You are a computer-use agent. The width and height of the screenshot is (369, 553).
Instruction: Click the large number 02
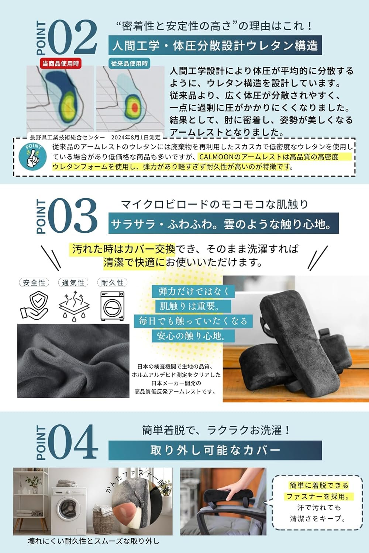click(72, 38)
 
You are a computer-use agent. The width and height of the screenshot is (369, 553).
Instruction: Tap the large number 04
click(72, 442)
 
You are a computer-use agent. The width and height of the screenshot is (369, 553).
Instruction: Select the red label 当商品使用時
click(61, 63)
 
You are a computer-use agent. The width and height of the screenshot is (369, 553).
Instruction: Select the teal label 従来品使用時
click(129, 63)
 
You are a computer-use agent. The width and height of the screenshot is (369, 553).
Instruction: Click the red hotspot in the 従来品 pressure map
click(135, 107)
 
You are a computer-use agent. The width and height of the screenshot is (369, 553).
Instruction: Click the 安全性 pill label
click(34, 283)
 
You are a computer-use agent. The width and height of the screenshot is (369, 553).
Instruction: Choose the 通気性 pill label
click(73, 283)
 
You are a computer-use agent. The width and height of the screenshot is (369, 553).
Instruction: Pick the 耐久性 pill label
click(112, 283)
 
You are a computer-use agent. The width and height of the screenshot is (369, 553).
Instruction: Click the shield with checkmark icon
click(34, 305)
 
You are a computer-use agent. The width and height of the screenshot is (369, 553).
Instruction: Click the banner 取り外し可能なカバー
click(215, 450)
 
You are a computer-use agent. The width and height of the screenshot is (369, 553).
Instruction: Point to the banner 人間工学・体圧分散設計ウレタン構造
click(215, 46)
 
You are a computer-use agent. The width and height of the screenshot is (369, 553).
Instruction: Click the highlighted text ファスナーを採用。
click(318, 496)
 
